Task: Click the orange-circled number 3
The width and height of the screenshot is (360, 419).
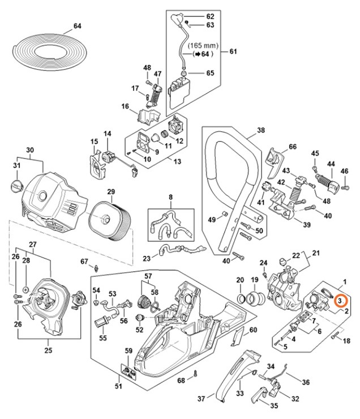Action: coord(340,302)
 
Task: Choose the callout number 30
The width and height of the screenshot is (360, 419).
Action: coord(30,150)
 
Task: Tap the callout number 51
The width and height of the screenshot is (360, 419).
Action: coord(118,387)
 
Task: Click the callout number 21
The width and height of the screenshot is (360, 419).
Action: coord(316,253)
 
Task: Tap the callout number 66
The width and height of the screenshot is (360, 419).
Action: coord(292,147)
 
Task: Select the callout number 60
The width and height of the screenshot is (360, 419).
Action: coord(253,330)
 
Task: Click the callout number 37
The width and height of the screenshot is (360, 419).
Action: coord(202,399)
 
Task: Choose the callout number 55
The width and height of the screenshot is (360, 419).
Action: coord(102,338)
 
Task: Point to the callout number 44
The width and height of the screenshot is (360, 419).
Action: coord(330,164)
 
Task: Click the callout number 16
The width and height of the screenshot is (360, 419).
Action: coord(125,105)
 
